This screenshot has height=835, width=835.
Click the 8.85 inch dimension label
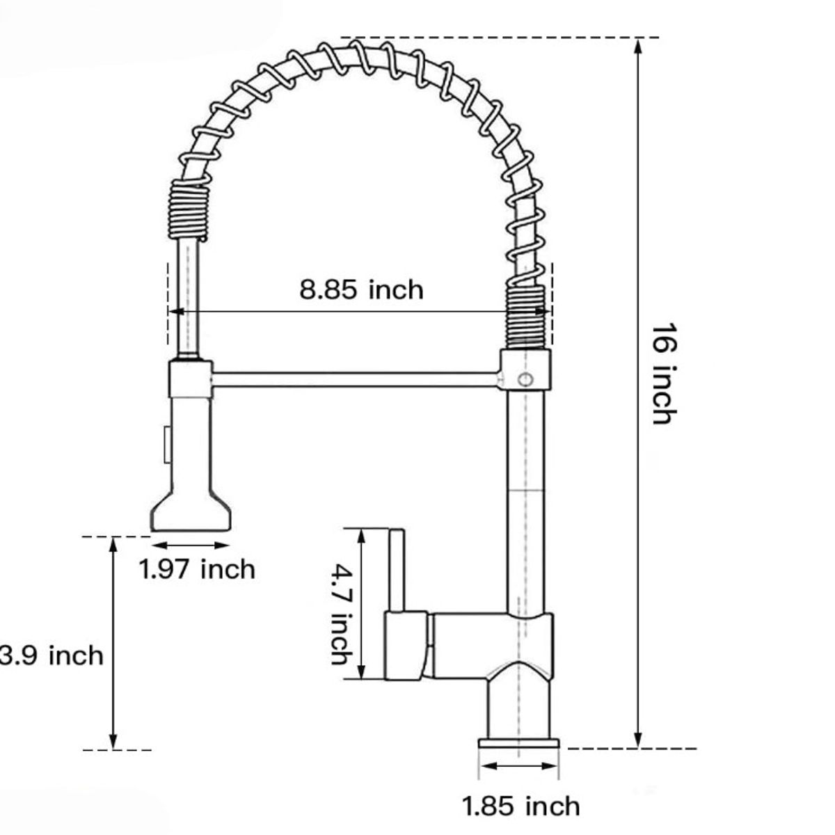point(361,289)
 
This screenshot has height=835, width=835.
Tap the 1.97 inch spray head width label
point(198,569)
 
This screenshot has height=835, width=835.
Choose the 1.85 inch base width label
point(521,806)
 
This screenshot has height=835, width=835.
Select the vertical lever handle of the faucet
point(396,571)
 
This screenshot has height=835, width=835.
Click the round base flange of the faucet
point(519,744)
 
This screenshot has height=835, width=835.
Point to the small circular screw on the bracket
point(527,379)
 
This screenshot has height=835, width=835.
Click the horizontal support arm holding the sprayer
point(355,379)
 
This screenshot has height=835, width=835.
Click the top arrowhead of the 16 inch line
point(638,46)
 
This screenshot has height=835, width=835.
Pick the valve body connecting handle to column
point(473,637)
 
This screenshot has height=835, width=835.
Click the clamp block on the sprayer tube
point(190,379)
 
